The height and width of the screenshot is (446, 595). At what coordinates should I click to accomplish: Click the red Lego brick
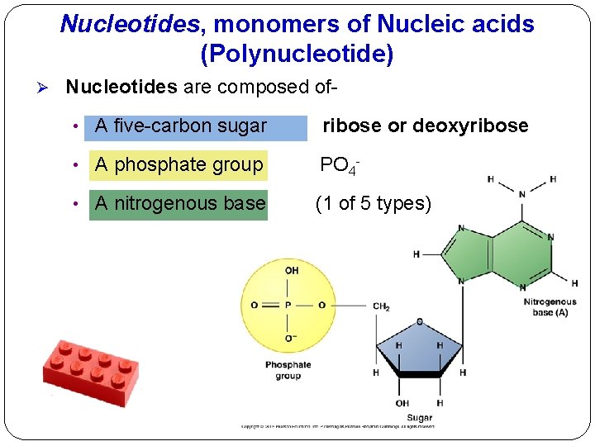(91, 369)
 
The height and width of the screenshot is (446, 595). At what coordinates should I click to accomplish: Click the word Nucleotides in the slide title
(130, 25)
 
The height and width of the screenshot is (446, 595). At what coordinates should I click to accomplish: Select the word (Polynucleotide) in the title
(297, 55)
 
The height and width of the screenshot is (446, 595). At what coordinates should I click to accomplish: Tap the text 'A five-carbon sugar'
(181, 126)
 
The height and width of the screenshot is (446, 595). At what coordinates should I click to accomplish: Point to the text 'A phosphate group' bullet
(179, 165)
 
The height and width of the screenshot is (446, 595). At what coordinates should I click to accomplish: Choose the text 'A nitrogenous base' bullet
(180, 203)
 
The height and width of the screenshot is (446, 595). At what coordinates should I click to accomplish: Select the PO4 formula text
(337, 165)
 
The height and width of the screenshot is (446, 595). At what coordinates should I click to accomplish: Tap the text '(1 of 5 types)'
(374, 203)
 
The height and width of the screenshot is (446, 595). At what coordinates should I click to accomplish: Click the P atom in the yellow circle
(288, 305)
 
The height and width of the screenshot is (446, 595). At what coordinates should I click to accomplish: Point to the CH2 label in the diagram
(381, 306)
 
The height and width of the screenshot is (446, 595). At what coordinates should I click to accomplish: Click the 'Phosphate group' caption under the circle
(288, 370)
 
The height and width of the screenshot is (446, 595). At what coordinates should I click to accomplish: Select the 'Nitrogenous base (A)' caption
(550, 307)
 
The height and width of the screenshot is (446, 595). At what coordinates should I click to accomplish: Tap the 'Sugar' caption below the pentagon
(419, 418)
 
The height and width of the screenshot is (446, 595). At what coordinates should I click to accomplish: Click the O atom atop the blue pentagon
(420, 321)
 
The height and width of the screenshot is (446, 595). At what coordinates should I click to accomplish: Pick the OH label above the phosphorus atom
(291, 271)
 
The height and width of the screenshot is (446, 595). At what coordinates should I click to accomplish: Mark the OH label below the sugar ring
(402, 403)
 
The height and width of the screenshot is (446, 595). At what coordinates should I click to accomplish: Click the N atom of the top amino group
(522, 195)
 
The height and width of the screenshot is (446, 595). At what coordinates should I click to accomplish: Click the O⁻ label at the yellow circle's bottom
(290, 338)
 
